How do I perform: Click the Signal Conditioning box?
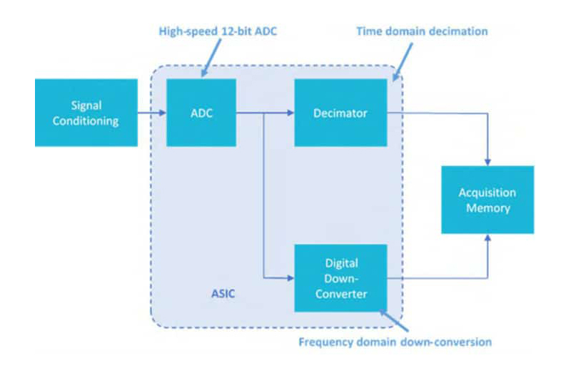[86, 113]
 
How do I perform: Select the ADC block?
[201, 113]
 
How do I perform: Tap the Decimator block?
[340, 113]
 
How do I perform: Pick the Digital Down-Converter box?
[340, 277]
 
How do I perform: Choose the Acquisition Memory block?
[487, 200]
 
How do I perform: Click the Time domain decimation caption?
[421, 31]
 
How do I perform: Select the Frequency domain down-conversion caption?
[395, 342]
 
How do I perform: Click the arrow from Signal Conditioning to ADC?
[151, 113]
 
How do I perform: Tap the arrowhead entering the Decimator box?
[290, 113]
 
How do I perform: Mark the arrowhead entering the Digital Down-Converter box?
[290, 277]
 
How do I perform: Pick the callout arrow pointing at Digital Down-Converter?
[392, 318]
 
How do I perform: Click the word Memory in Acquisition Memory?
[487, 208]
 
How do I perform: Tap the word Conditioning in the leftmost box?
[86, 121]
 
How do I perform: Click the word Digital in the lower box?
[340, 264]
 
